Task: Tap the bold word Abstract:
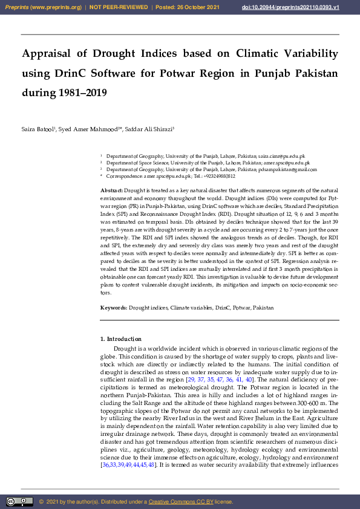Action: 112,190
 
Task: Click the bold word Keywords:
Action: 113,308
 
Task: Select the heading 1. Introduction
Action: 121,339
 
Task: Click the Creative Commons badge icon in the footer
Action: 19,502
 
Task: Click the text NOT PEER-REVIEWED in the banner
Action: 119,7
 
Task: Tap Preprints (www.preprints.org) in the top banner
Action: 43,7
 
